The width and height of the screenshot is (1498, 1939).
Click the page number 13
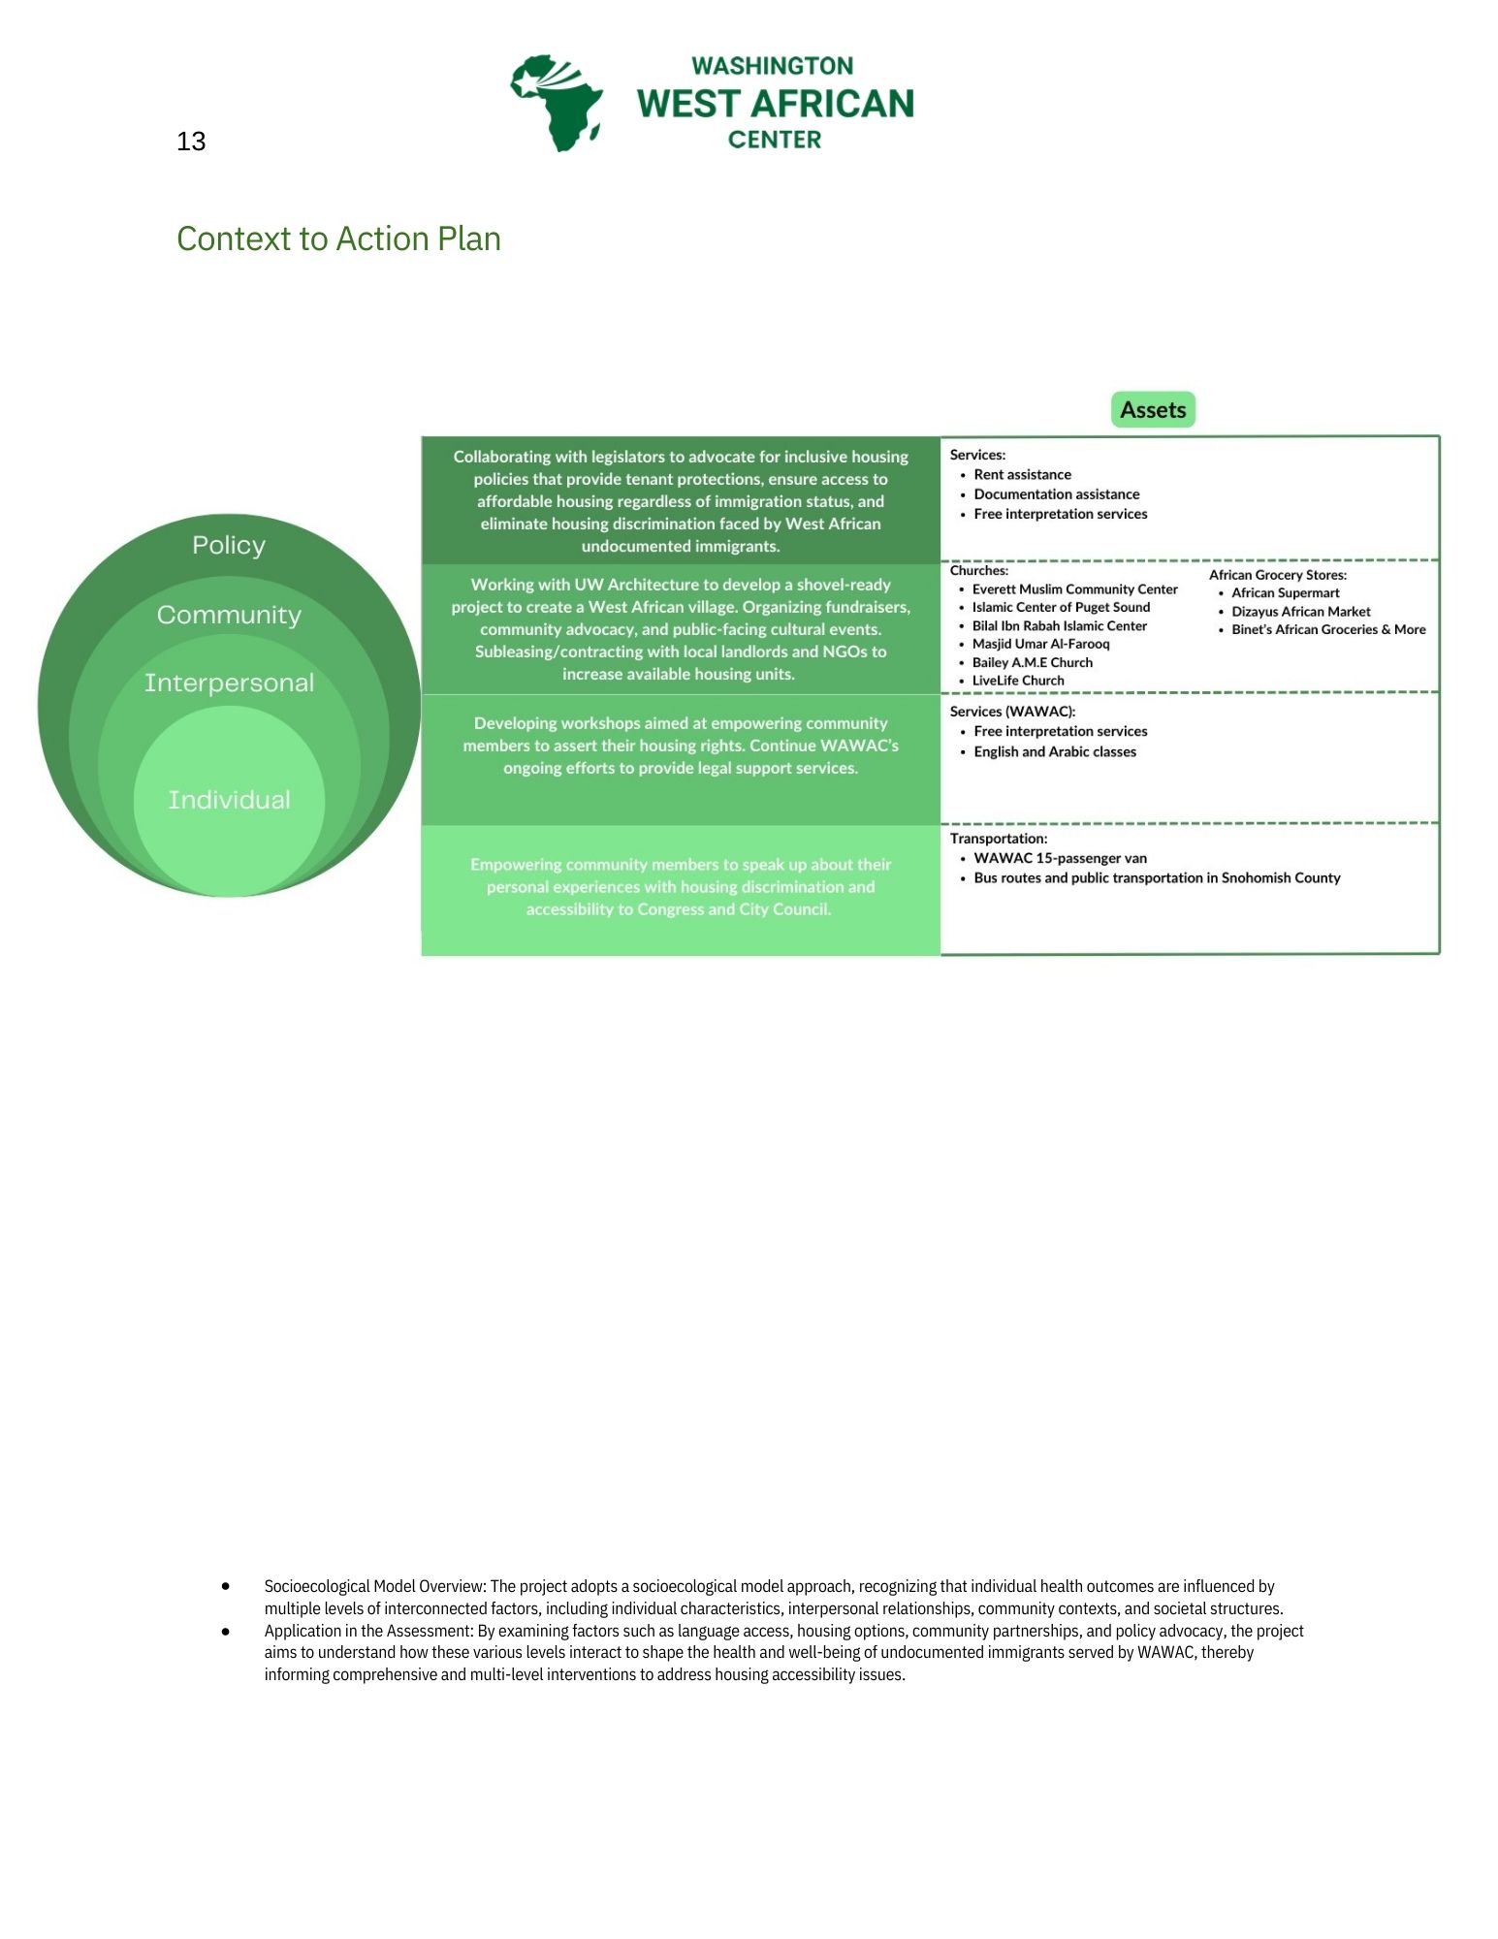pos(191,142)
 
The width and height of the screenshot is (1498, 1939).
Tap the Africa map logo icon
pos(558,102)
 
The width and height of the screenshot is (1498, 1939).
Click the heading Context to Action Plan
pos(338,238)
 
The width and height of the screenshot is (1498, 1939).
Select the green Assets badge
pos(1153,410)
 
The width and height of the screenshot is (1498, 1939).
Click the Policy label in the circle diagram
pos(229,545)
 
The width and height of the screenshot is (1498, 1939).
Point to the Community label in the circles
pos(229,615)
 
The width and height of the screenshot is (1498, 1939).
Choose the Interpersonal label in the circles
pos(229,683)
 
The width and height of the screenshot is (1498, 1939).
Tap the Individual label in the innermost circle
pos(229,800)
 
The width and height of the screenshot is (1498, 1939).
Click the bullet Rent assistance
pos(1022,474)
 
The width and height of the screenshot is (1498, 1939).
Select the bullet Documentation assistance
pos(1056,494)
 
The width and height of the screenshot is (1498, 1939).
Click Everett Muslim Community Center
pos(1074,589)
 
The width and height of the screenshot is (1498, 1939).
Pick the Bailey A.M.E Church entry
pos(1032,662)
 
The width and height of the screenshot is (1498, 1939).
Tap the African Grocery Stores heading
pos(1277,575)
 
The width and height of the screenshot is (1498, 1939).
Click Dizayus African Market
pos(1300,612)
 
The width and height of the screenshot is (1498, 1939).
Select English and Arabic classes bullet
pos(1054,751)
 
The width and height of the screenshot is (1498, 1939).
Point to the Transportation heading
pos(998,839)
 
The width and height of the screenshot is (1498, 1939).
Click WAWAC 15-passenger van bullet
pos(1060,858)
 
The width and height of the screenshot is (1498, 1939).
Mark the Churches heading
pos(978,571)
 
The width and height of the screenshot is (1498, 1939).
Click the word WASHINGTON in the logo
pos(772,66)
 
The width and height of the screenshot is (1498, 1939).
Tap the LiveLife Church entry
pos(1017,681)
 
